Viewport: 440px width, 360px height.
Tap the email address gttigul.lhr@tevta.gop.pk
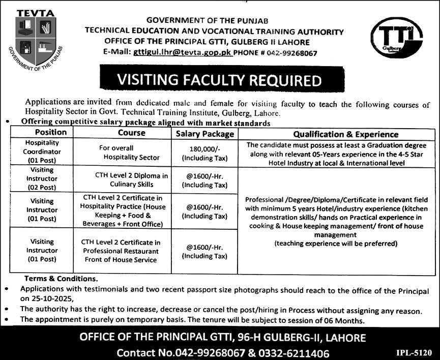click(x=182, y=52)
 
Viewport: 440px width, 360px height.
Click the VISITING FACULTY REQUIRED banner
click(x=219, y=80)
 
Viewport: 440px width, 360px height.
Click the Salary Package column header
click(x=204, y=134)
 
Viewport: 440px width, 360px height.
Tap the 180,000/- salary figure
click(x=204, y=149)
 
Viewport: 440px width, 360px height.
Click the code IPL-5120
click(x=414, y=351)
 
